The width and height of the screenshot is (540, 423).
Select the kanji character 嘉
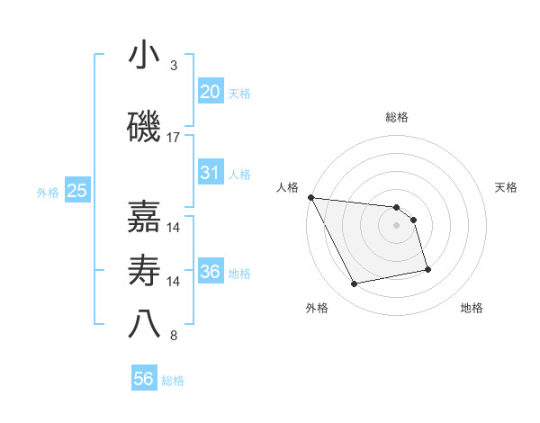(x=143, y=217)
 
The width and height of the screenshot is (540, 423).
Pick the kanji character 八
(x=143, y=325)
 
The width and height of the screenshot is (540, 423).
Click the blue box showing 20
(x=210, y=92)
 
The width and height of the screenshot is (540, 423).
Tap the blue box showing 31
(x=210, y=173)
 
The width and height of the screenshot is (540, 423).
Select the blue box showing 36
(x=210, y=272)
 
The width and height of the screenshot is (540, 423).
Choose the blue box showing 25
(x=76, y=191)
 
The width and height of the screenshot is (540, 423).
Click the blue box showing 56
(x=143, y=379)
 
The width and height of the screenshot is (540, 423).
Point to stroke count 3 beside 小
(x=174, y=66)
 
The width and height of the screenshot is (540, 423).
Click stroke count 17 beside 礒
(x=174, y=138)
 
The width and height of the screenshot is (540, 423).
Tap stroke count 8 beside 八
(x=174, y=336)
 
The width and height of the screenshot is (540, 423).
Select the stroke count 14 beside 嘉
(x=174, y=228)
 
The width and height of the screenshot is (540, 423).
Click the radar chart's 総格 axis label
(x=397, y=117)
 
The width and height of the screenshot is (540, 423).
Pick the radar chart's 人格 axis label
(x=287, y=187)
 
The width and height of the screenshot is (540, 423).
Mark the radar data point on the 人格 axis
(x=310, y=197)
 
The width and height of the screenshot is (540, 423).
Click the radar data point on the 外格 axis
(x=354, y=284)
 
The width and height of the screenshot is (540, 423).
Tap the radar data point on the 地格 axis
(x=427, y=269)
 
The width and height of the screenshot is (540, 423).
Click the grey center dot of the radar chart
(x=397, y=225)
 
